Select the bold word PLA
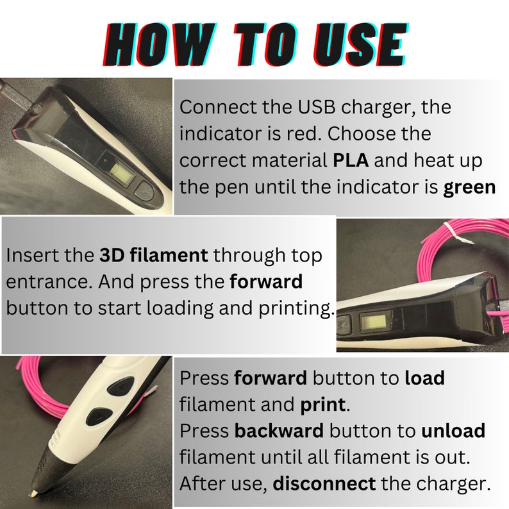pos(351,160)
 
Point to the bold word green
pos(469,188)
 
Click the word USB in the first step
pos(317,107)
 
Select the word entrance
pos(49,282)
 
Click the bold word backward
pos(279,430)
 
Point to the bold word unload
pos(453,430)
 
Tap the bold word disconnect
pos(324,483)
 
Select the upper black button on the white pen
pos(121,387)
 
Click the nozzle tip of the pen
pos(32,494)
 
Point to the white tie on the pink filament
pos(453,233)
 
